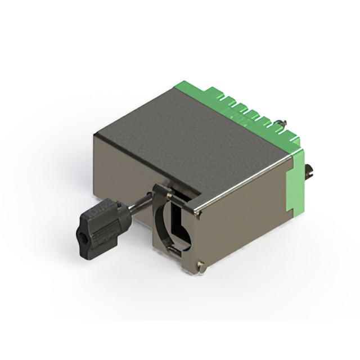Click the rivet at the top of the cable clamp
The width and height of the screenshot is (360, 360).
[x=168, y=193]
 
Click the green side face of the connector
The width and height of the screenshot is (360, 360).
[x=296, y=180]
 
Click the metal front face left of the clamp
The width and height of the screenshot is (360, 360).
[x=121, y=169]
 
